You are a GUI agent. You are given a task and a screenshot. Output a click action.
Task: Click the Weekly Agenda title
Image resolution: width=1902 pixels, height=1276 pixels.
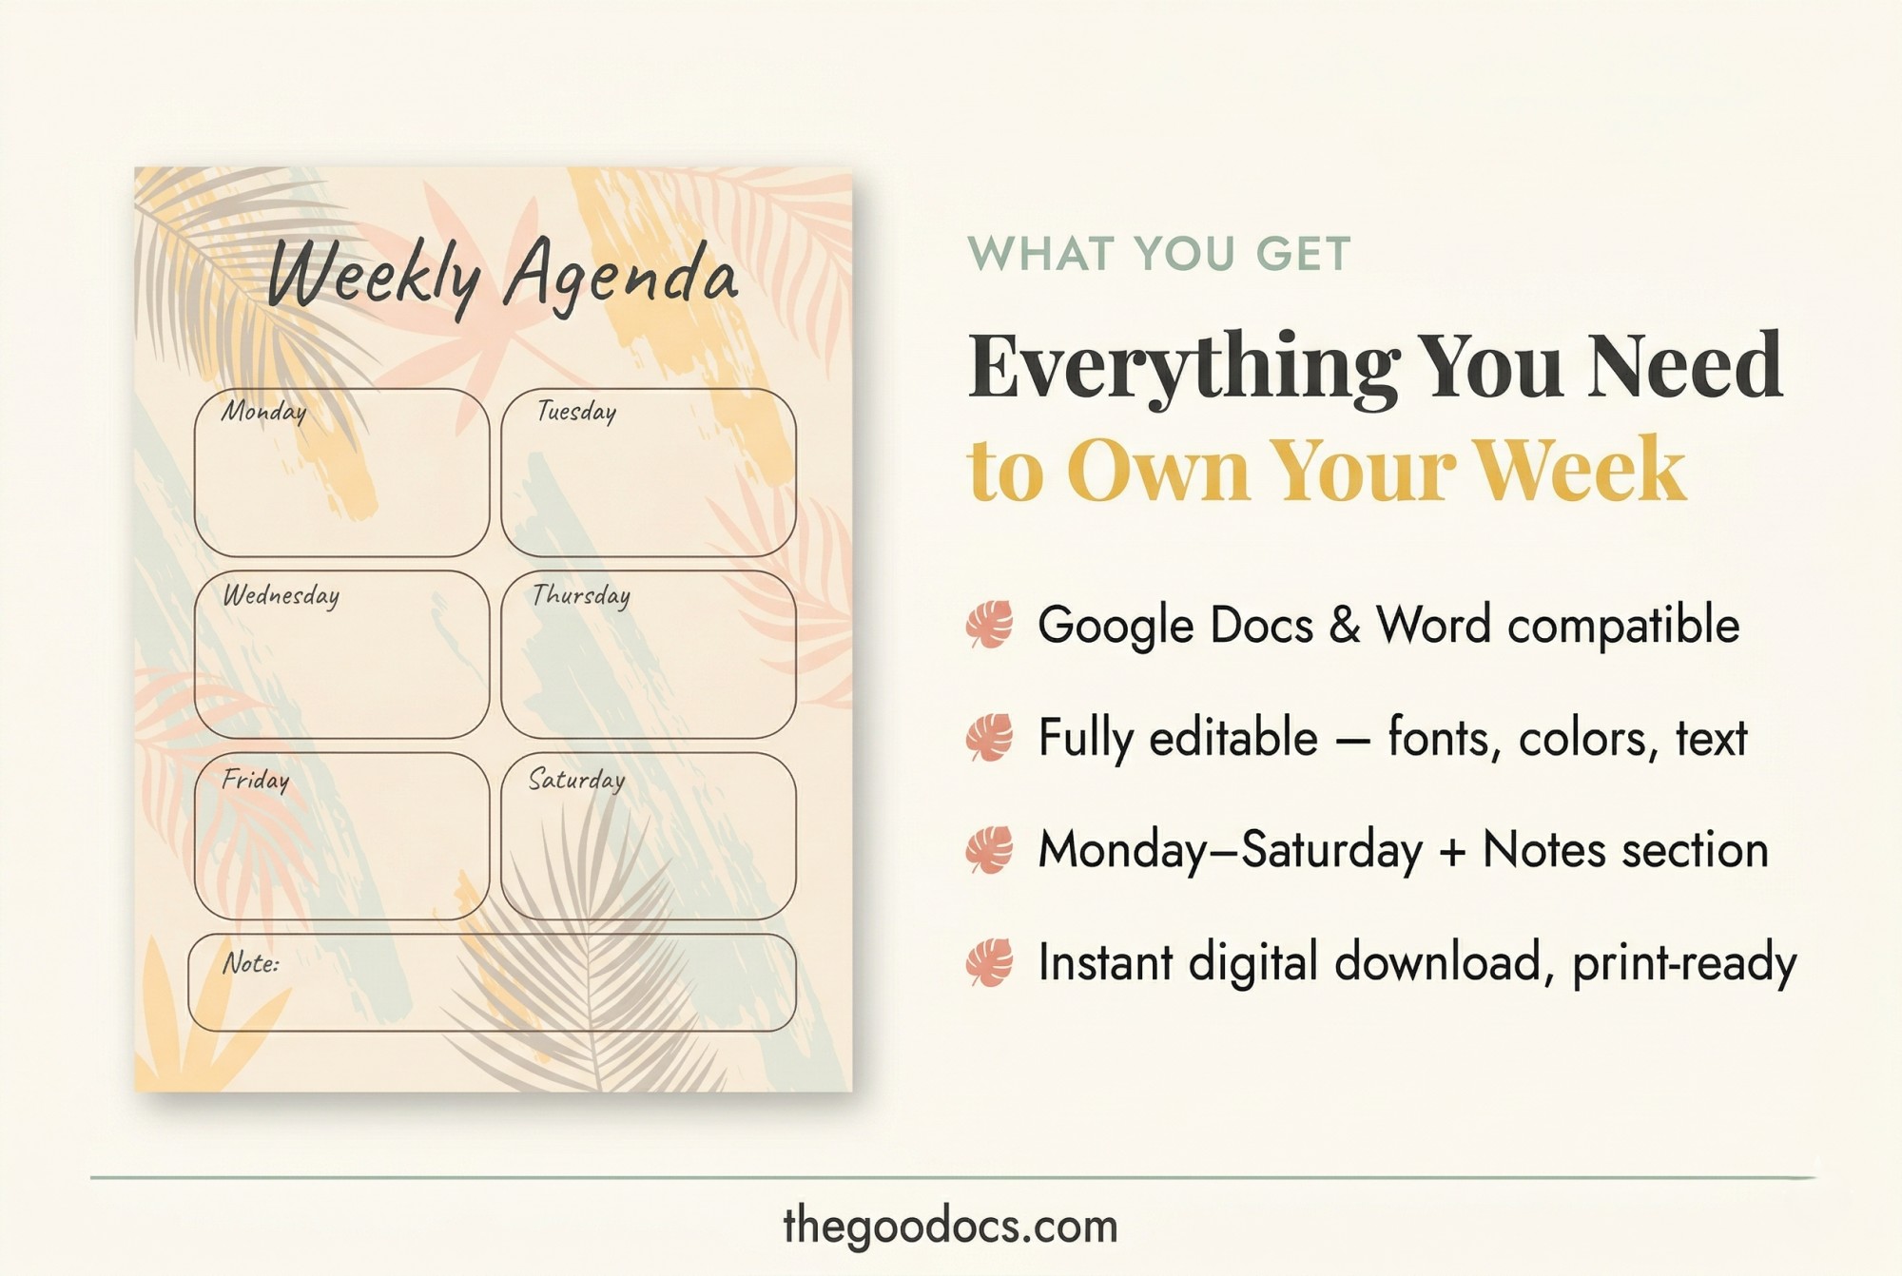tap(502, 276)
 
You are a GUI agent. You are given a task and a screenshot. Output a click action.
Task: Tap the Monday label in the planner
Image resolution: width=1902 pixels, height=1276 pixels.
tap(263, 412)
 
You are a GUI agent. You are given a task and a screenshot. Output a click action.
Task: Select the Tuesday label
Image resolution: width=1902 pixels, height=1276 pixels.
tap(576, 412)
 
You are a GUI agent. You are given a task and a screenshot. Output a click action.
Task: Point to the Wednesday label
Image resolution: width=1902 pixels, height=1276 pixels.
tap(281, 596)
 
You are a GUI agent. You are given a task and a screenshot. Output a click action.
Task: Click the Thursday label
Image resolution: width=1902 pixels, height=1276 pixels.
tap(580, 596)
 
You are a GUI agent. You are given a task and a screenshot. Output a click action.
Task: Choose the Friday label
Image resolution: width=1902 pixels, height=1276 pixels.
tap(255, 781)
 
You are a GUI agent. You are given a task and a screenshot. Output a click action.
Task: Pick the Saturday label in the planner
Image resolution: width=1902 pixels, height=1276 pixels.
tap(576, 781)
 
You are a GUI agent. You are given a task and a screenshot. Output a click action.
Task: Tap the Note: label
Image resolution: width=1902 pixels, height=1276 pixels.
tap(251, 964)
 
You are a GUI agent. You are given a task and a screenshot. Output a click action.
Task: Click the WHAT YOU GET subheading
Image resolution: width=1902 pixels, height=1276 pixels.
tap(1158, 254)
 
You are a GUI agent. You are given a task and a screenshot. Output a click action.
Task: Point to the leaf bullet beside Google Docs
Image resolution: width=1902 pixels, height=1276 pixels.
tap(990, 625)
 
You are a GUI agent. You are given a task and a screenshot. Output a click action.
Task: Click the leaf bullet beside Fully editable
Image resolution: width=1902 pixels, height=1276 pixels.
tap(990, 738)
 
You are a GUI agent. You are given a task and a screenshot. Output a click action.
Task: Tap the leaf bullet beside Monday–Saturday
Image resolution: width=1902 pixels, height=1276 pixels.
tap(990, 850)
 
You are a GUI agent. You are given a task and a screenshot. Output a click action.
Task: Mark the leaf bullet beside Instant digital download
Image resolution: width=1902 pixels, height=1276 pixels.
tap(990, 963)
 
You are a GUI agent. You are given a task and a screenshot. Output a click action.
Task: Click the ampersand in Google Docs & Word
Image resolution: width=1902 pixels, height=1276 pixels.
tap(1345, 626)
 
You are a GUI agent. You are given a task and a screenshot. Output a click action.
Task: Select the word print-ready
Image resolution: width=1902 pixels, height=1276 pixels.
tap(1684, 963)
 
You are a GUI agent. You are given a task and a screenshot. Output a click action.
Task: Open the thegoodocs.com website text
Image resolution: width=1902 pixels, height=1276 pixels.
tap(950, 1227)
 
